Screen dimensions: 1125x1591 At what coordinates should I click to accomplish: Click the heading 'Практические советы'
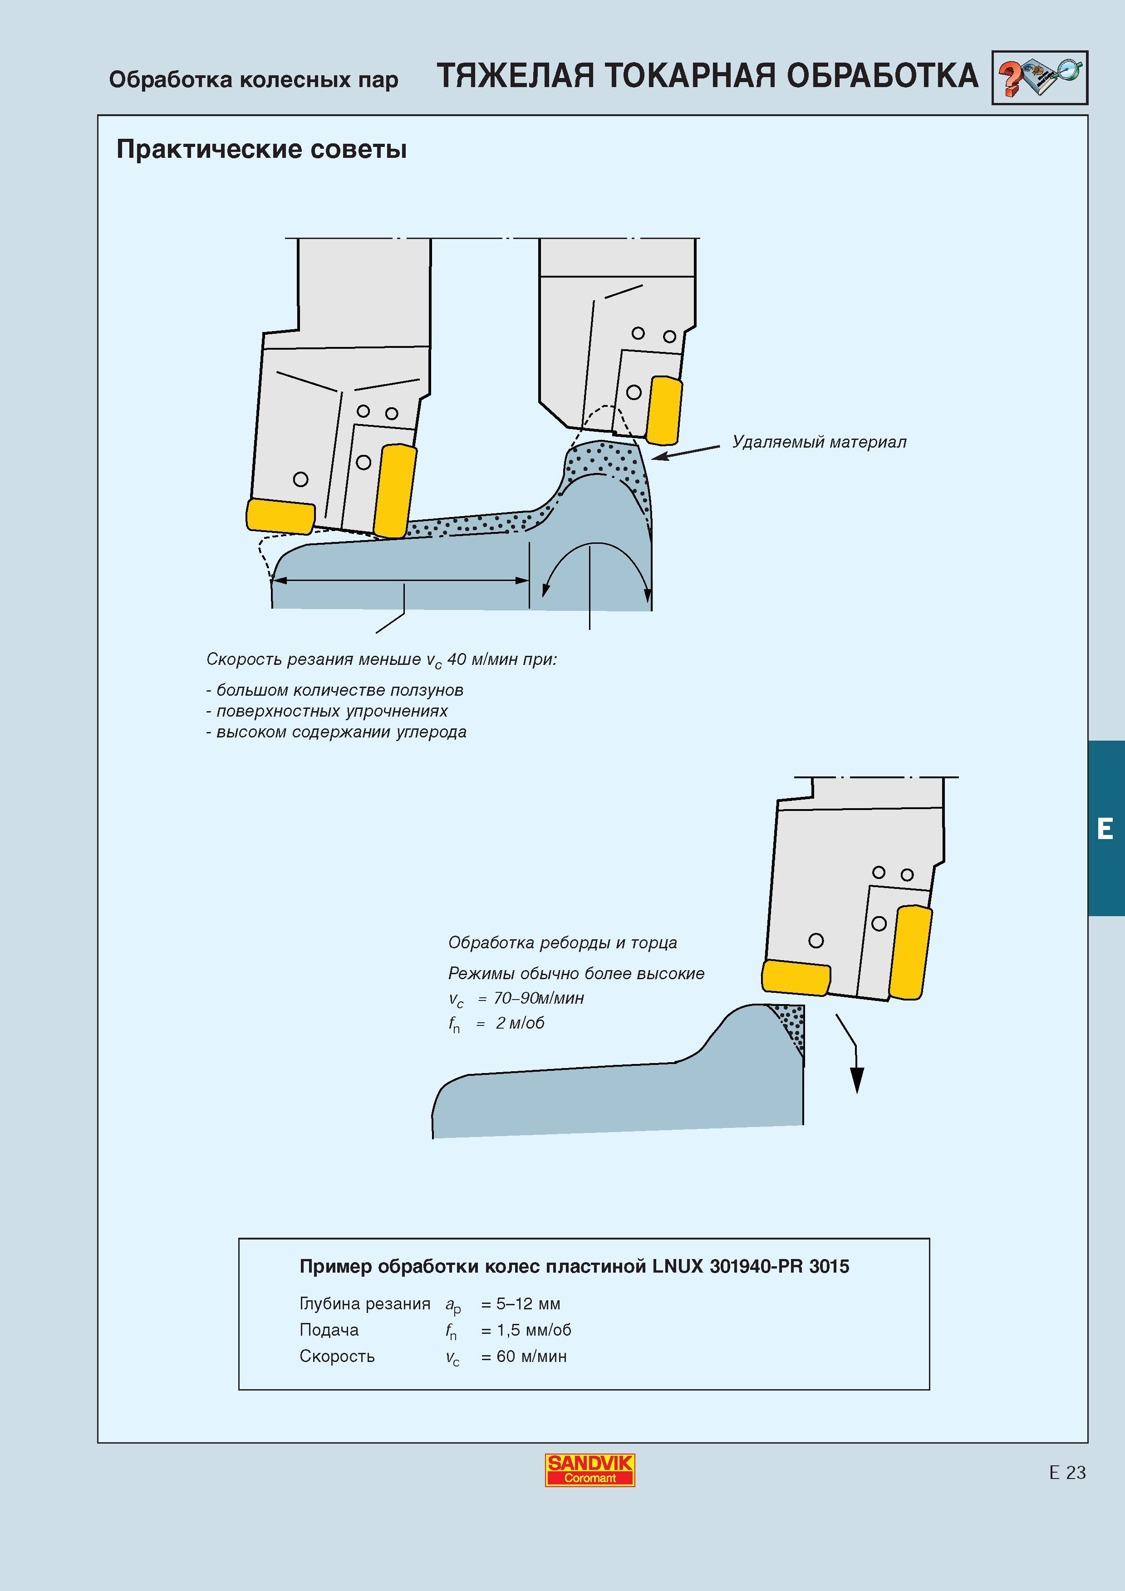coord(261,149)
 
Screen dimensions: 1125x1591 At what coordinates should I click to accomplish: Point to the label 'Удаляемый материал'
coord(819,442)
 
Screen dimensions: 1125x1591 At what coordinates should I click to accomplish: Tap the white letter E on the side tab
coord(1105,829)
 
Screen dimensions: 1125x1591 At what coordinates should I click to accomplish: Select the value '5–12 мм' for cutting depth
coord(528,1303)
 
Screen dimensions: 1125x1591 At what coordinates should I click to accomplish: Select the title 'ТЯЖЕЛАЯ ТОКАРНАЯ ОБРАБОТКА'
coord(707,76)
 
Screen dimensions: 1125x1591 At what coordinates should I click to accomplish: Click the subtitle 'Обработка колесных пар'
coord(254,80)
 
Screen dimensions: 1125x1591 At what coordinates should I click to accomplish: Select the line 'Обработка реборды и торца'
coord(562,942)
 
